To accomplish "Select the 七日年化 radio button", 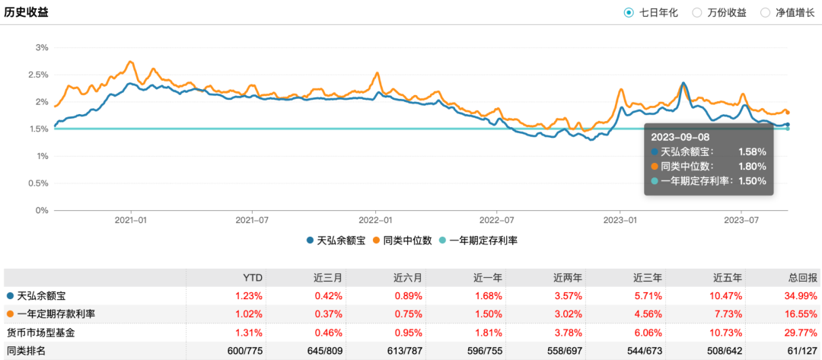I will (629, 12).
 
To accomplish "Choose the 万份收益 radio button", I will (697, 12).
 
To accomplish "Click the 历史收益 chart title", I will (27, 12).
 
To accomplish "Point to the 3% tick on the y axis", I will (42, 47).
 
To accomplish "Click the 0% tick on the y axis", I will (42, 211).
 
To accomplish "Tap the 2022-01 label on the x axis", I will (375, 220).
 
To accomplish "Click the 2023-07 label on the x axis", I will (742, 220).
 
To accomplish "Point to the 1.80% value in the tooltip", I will (752, 167).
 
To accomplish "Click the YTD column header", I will (253, 277).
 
